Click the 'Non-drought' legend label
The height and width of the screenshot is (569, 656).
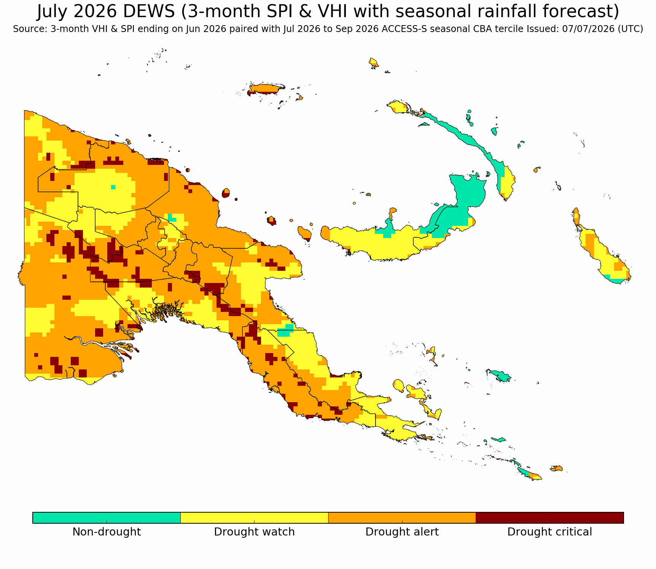107,532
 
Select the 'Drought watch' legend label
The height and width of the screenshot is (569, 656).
254,532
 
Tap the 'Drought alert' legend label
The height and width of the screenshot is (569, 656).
402,532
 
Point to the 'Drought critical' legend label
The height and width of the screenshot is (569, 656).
549,532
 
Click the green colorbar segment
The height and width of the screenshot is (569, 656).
107,518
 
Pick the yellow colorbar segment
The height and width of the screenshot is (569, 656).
254,518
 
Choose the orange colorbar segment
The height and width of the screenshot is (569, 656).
402,518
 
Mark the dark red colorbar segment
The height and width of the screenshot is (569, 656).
549,518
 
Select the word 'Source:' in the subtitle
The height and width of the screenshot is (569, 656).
30,29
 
